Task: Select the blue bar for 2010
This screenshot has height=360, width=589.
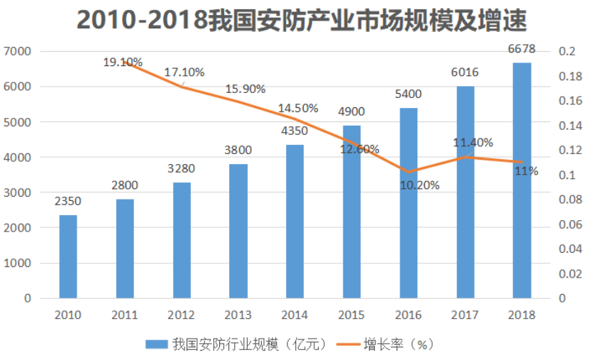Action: tap(68, 256)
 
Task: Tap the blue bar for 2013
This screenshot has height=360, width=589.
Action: tap(238, 231)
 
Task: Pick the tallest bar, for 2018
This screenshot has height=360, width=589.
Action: tap(522, 180)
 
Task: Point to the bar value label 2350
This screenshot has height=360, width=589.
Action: tap(68, 201)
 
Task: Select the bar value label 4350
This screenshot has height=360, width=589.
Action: tap(294, 131)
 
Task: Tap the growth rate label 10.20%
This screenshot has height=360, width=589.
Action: tap(419, 185)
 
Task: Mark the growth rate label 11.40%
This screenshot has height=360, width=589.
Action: tap(473, 143)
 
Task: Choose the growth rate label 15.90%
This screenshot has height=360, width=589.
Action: tap(246, 89)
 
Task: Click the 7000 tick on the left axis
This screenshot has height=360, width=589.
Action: tap(17, 51)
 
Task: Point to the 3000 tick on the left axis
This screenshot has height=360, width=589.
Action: tap(17, 192)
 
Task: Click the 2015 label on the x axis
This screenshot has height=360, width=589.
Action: tap(351, 315)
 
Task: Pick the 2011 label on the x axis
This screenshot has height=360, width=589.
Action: tap(125, 315)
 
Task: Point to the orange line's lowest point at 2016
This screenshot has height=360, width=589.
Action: tap(408, 172)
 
